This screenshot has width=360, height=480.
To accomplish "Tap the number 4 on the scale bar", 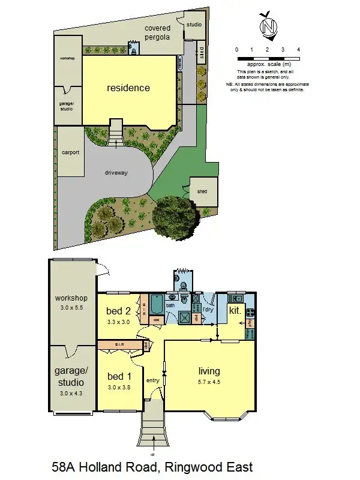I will [x=298, y=49].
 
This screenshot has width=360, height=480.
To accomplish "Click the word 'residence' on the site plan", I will [x=128, y=88].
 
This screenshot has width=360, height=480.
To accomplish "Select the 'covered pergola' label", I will [x=157, y=32].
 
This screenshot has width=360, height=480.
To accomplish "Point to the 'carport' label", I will [x=70, y=152].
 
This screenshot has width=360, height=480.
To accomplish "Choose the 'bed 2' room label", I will [x=118, y=311].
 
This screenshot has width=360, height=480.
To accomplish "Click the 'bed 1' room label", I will [x=119, y=377].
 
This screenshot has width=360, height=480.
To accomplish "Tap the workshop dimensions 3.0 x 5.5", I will [x=71, y=307].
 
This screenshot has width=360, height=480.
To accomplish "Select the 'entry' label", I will [x=152, y=380].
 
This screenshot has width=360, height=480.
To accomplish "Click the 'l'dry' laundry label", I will [x=208, y=310].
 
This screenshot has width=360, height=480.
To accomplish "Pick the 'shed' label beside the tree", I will [x=202, y=192].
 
